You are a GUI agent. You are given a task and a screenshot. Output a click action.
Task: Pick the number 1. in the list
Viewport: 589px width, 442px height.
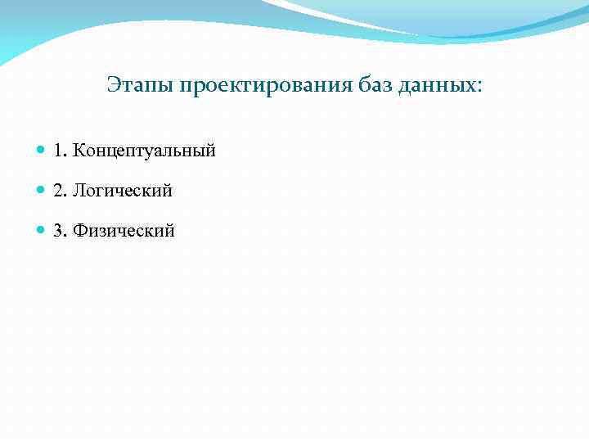60,151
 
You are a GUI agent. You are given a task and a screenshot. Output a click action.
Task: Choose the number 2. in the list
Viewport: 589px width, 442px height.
60,191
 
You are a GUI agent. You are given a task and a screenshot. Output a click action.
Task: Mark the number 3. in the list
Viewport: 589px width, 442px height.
60,231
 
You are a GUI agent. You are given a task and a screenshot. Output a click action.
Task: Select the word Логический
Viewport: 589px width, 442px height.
123,191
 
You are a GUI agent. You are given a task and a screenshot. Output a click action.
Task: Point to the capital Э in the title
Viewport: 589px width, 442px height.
113,85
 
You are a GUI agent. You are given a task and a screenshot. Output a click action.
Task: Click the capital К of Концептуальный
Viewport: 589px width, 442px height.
79,151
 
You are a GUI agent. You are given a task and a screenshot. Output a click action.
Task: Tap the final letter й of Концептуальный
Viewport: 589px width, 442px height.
210,151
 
